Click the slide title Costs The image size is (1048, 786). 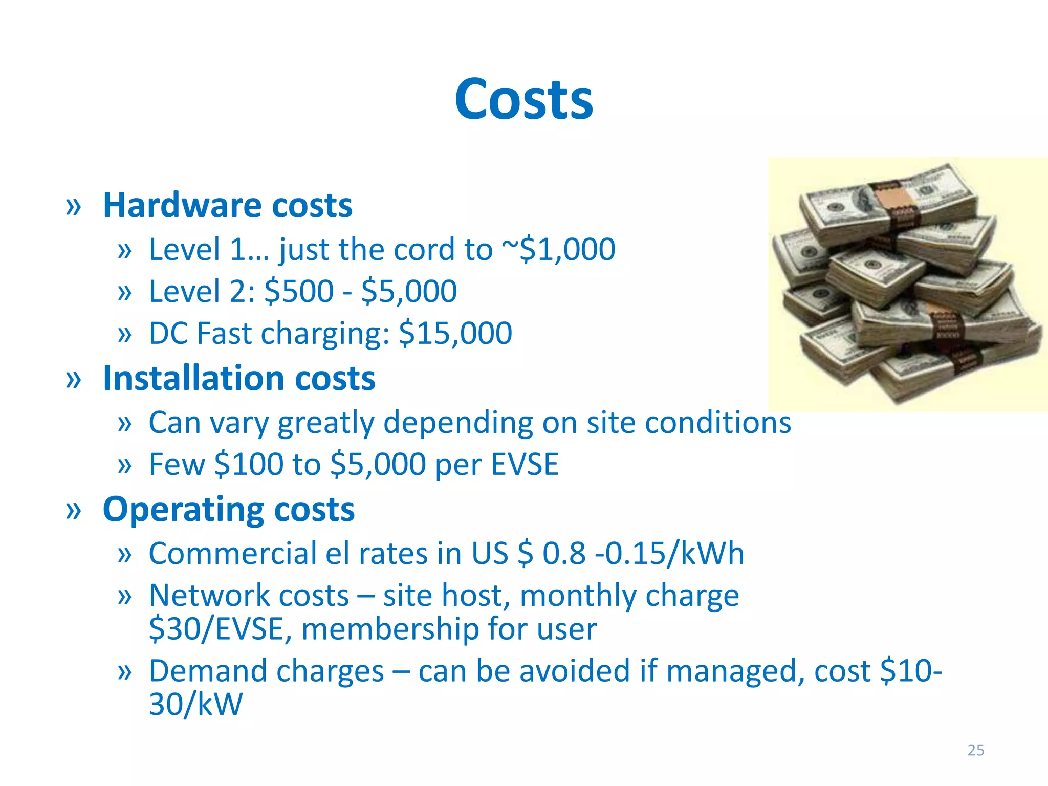(x=523, y=99)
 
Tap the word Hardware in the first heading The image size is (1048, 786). (x=182, y=206)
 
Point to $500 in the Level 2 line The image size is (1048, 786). (x=299, y=292)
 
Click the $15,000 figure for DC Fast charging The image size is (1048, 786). (x=455, y=334)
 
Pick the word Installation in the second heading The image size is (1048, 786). (x=193, y=379)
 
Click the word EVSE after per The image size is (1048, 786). (x=525, y=465)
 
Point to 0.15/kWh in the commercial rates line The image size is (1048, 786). (x=674, y=554)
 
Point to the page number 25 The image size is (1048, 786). (x=975, y=750)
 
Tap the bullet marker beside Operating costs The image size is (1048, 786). (x=74, y=511)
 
